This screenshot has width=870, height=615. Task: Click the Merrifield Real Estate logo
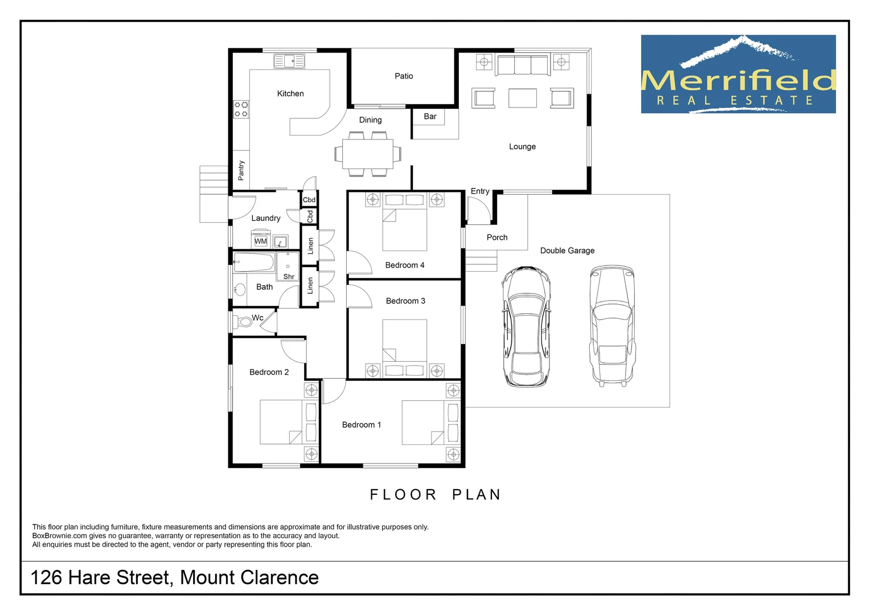tap(738, 74)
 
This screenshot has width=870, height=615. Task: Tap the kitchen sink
tap(289, 61)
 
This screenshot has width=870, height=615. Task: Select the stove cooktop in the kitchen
tap(241, 109)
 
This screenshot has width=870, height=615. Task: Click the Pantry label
tap(241, 170)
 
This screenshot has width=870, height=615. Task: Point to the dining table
tap(367, 154)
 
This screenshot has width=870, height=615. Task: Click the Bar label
tap(430, 116)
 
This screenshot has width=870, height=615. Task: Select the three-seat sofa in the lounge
tap(523, 65)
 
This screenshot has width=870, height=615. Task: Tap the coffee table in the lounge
tap(522, 97)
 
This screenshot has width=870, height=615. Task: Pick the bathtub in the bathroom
tap(254, 263)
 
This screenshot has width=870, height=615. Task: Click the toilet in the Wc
tap(243, 321)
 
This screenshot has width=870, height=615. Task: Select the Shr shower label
tap(289, 277)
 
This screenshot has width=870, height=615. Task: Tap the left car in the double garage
tap(526, 326)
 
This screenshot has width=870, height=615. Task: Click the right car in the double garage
tap(613, 326)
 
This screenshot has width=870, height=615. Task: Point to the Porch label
tap(496, 237)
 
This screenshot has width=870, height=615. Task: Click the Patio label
tap(404, 76)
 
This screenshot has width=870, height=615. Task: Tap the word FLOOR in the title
tap(403, 495)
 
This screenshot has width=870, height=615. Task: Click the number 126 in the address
tap(46, 577)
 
